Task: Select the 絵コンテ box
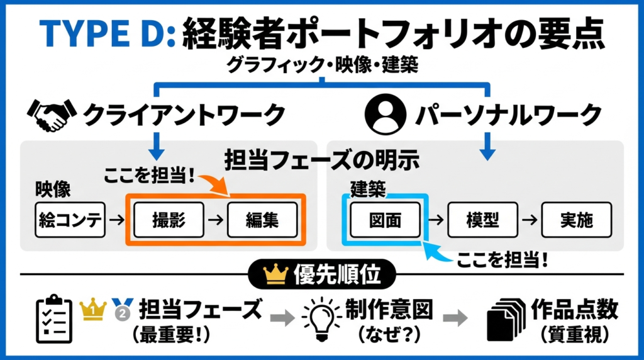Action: click(x=70, y=219)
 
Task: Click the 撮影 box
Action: click(x=168, y=219)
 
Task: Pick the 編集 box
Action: click(x=262, y=219)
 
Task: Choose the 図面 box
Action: click(x=384, y=219)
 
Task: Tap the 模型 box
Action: click(x=482, y=219)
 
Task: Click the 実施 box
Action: click(x=576, y=219)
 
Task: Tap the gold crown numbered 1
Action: click(x=92, y=308)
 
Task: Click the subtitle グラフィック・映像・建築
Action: click(x=321, y=65)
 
